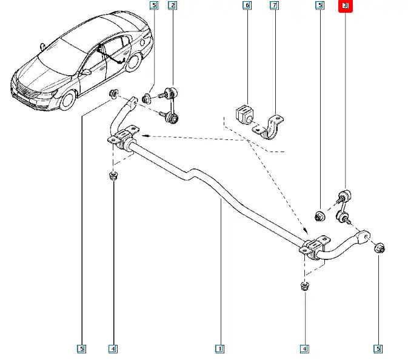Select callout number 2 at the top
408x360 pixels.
(x=172, y=5)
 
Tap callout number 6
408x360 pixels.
(x=247, y=5)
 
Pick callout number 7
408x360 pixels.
(x=274, y=5)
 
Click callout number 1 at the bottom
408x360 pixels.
(x=219, y=348)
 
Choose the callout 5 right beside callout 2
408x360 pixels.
(x=154, y=5)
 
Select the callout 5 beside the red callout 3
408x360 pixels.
(x=319, y=5)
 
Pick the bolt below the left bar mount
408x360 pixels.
(x=112, y=176)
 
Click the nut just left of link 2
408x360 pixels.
(x=146, y=98)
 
